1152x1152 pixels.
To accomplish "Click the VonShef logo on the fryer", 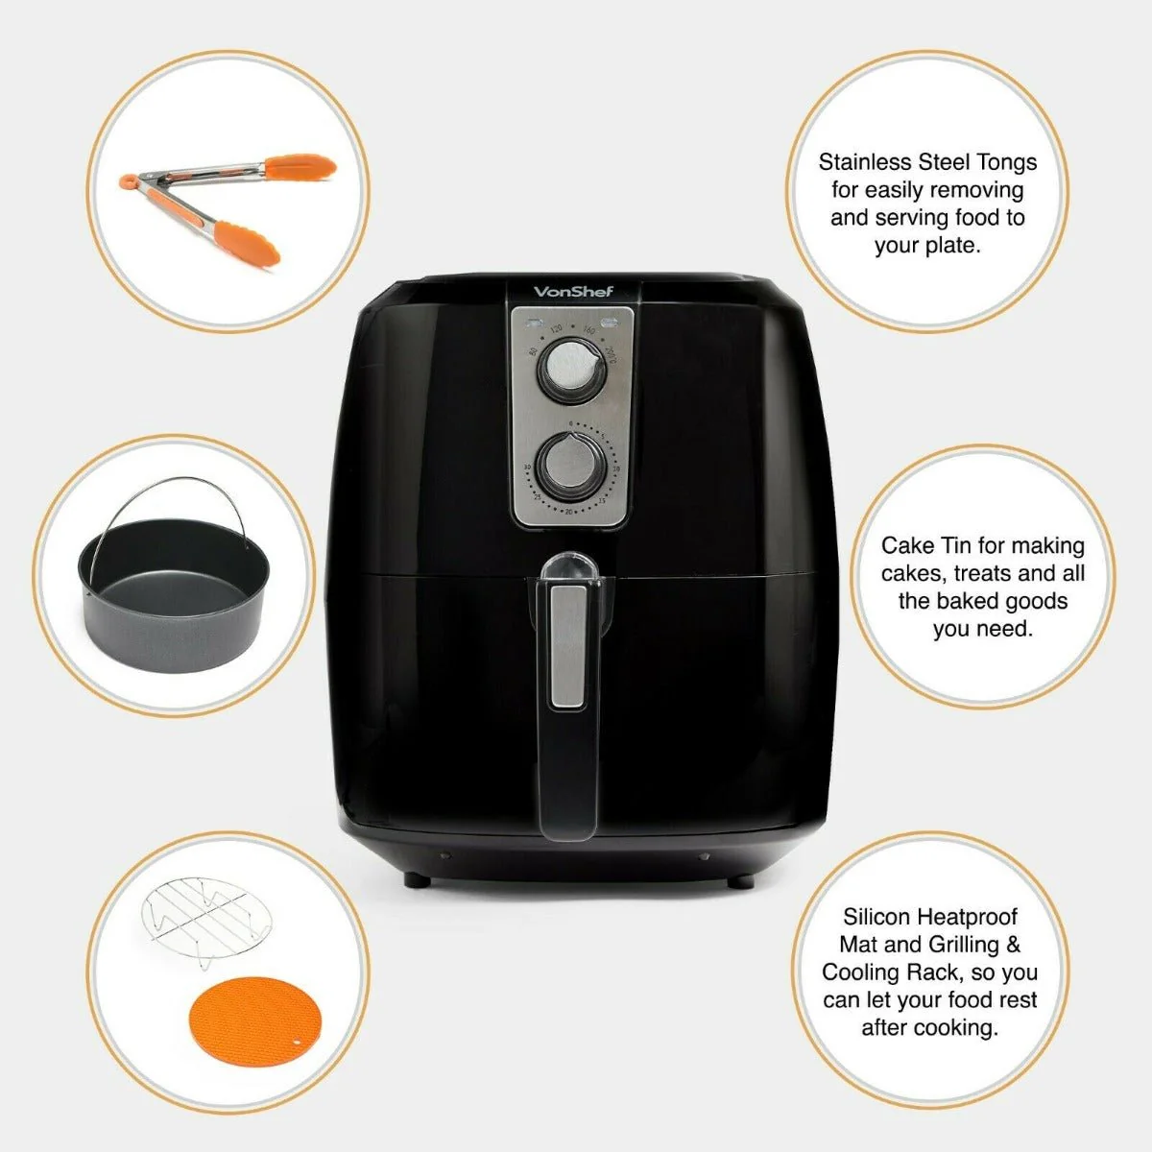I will coord(572,292).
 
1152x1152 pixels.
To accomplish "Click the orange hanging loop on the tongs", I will coord(128,180).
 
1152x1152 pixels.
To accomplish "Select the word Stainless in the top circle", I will coord(865,162).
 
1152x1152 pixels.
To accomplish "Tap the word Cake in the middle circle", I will coord(907,545).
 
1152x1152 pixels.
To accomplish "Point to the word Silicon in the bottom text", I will coord(876,917).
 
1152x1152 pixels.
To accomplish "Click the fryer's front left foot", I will coord(413,877).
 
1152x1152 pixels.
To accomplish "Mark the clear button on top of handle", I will coord(568,566).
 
